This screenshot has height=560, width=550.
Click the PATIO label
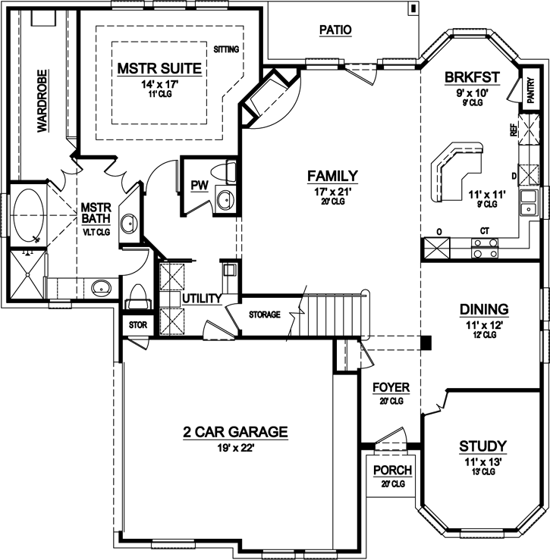(x=335, y=30)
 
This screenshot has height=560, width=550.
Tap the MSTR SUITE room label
(x=159, y=69)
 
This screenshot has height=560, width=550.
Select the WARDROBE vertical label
(x=42, y=102)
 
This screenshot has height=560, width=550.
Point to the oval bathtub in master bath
(x=30, y=214)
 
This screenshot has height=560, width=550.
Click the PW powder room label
(x=200, y=186)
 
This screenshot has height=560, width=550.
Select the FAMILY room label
(x=332, y=177)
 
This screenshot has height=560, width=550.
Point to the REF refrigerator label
(x=513, y=130)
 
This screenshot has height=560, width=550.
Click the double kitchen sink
(x=528, y=202)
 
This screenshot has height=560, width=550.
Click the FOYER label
(x=391, y=387)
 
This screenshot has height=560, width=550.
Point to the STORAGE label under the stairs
(x=265, y=314)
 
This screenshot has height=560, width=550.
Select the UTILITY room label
(x=202, y=299)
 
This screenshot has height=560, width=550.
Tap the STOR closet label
(x=139, y=325)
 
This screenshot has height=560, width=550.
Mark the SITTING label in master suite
(x=226, y=49)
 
